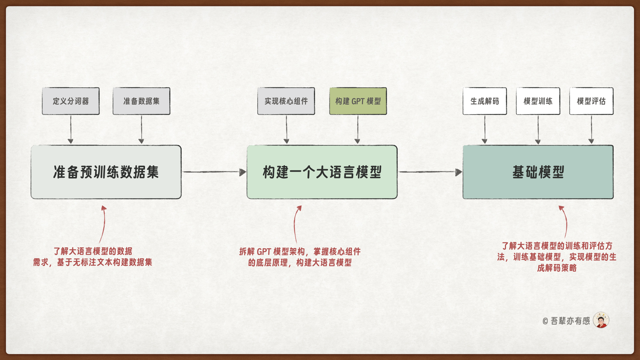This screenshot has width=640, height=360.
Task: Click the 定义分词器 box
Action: pyautogui.click(x=71, y=101)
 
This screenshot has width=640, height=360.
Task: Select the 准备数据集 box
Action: pyautogui.click(x=141, y=101)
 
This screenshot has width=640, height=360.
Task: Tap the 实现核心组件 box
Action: pyautogui.click(x=286, y=101)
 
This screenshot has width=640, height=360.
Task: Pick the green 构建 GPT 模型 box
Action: pyautogui.click(x=358, y=101)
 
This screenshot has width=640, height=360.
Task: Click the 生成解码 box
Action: pyautogui.click(x=485, y=101)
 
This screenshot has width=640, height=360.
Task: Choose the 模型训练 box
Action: pyautogui.click(x=538, y=101)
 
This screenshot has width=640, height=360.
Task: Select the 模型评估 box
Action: pyautogui.click(x=591, y=101)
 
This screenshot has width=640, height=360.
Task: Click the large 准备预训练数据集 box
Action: pyautogui.click(x=106, y=172)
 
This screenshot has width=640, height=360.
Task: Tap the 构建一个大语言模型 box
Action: pyautogui.click(x=322, y=172)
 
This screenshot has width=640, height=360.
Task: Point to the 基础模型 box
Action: pyautogui.click(x=538, y=172)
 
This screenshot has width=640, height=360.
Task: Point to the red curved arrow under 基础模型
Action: pyautogui.click(x=565, y=221)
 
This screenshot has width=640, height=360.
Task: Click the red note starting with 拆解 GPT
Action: pyautogui.click(x=300, y=257)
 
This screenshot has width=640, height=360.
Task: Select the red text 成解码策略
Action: pyautogui.click(x=557, y=268)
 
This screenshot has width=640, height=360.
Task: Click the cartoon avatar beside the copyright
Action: pyautogui.click(x=601, y=320)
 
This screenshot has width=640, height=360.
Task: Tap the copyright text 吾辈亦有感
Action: pyautogui.click(x=570, y=321)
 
